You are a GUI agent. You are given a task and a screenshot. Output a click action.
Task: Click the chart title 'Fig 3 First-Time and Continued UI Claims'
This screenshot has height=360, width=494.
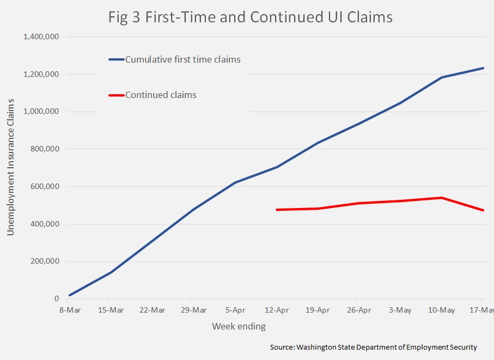pyautogui.click(x=250, y=17)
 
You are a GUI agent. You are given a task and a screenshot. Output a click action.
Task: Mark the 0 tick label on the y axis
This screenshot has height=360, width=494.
pyautogui.click(x=56, y=299)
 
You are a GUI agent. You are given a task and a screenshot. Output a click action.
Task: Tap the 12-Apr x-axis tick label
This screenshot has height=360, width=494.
pyautogui.click(x=276, y=310)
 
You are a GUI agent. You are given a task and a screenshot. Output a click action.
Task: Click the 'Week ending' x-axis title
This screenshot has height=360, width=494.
pyautogui.click(x=239, y=327)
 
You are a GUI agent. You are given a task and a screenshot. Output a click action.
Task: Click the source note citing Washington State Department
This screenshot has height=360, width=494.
pyautogui.click(x=373, y=347)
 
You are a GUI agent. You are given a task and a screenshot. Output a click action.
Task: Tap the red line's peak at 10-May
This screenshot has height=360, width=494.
pyautogui.click(x=441, y=198)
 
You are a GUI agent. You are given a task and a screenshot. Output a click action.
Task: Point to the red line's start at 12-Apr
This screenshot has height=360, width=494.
pyautogui.click(x=277, y=210)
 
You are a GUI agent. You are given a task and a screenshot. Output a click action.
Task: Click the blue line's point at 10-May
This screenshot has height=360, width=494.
pyautogui.click(x=441, y=77)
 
